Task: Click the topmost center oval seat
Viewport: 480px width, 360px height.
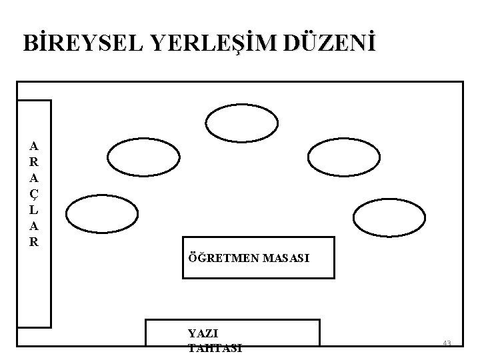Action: tap(241, 124)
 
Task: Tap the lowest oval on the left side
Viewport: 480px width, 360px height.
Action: tap(100, 215)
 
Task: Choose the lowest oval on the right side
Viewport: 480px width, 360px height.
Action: tap(389, 217)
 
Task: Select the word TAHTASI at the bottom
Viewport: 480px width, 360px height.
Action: tap(215, 347)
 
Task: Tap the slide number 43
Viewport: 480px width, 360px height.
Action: tap(447, 343)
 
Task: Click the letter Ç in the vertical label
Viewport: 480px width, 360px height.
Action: tap(35, 194)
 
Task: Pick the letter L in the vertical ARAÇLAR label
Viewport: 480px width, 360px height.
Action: tap(35, 210)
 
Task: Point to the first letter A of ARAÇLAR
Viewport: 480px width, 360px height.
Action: tap(35, 146)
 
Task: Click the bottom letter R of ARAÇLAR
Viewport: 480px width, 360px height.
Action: tap(35, 242)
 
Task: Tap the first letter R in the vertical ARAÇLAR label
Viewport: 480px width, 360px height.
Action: tap(35, 162)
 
